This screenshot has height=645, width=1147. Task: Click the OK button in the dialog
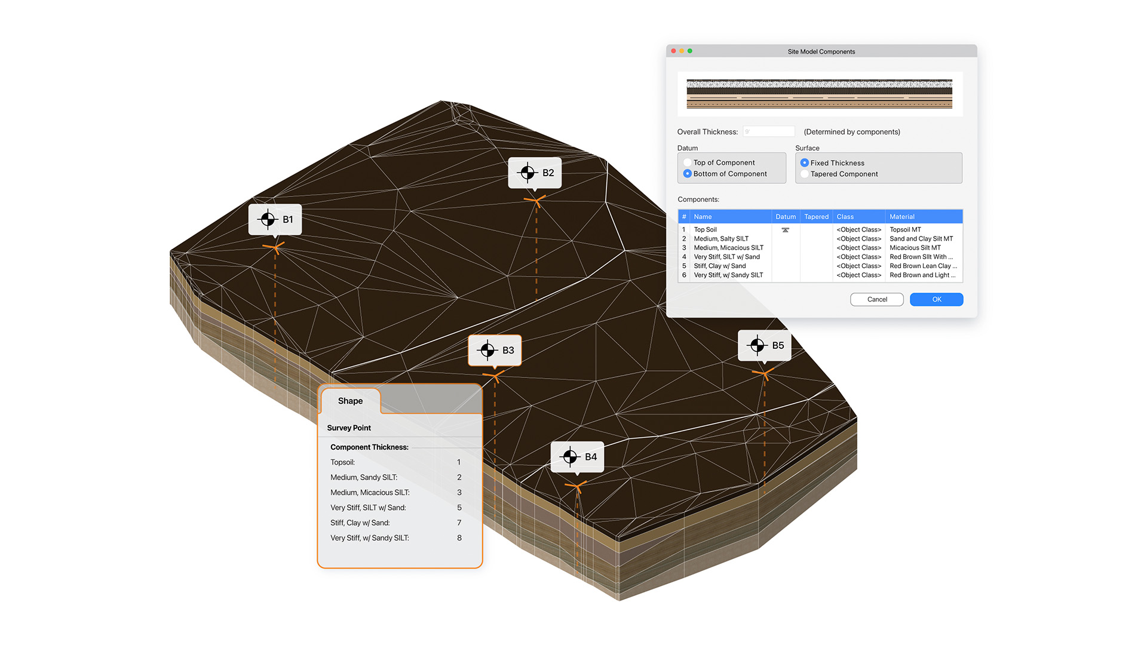[x=936, y=299]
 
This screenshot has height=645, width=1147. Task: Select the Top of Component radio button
[x=688, y=162]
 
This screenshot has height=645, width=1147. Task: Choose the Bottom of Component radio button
[x=688, y=174]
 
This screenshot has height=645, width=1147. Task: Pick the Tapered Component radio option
[x=805, y=174]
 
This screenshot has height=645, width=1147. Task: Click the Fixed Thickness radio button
[x=805, y=162]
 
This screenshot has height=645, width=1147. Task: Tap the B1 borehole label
[x=275, y=220]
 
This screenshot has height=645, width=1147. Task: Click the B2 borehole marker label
[x=535, y=173]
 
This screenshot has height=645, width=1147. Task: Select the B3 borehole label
[x=495, y=350]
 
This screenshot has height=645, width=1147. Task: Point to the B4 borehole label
[x=577, y=457]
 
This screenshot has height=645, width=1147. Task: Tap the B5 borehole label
[x=765, y=346]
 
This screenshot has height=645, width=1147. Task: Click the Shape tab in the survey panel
[x=350, y=401]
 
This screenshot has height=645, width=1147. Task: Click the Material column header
[x=902, y=217]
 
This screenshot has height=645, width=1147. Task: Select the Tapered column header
[x=816, y=217]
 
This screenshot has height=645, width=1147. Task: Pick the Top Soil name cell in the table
[x=706, y=230]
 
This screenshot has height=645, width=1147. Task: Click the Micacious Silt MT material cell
[x=915, y=248]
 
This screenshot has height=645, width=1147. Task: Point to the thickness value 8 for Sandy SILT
[x=459, y=538]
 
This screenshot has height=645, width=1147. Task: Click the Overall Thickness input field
[x=769, y=131]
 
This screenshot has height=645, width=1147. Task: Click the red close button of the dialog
[x=674, y=51]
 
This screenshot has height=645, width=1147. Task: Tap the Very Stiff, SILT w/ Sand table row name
[x=726, y=257]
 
